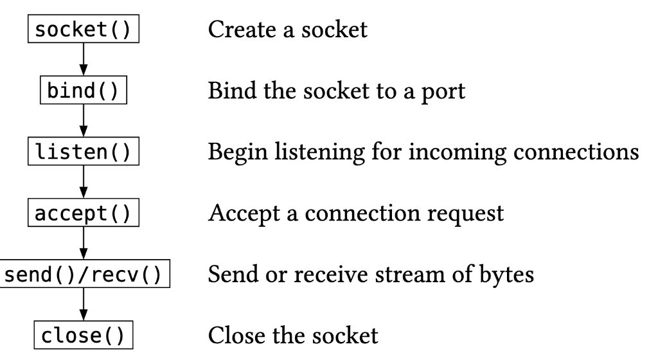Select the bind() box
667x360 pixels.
[82, 91]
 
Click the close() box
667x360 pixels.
[82, 337]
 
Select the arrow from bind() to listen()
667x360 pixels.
[83, 122]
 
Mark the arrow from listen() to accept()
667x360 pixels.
[83, 183]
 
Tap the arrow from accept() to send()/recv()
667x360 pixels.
[83, 245]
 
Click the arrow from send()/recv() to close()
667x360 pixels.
[83, 306]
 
